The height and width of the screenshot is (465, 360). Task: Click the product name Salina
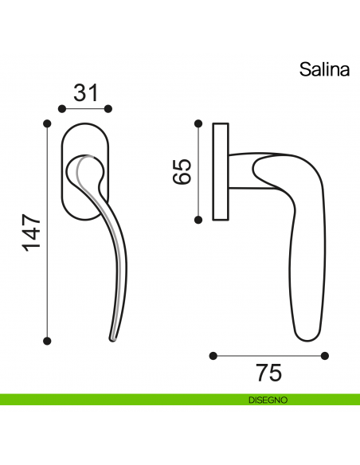[x=324, y=69]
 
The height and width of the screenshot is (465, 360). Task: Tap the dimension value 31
[x=85, y=92]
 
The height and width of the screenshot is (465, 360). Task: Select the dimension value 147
[x=29, y=232]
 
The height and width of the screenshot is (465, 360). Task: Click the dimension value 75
[x=269, y=372]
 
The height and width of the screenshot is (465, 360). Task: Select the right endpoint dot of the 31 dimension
[x=109, y=108]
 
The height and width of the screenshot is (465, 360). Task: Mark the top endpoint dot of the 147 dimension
[x=47, y=123]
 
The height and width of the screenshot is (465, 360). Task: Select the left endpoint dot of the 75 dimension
[x=213, y=355]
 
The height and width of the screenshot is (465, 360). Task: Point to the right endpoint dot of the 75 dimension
[x=324, y=355]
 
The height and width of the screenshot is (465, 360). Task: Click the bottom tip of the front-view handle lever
[x=113, y=339]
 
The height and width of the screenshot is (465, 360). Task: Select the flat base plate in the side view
[x=221, y=171]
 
